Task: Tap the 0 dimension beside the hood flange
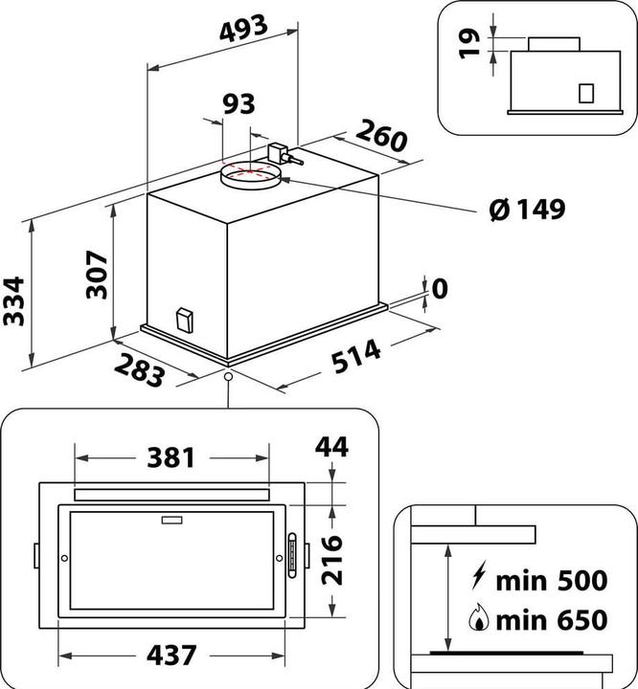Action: [440, 288]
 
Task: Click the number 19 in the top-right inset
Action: [468, 42]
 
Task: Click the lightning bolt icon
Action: [477, 579]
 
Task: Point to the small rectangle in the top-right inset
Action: [586, 92]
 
